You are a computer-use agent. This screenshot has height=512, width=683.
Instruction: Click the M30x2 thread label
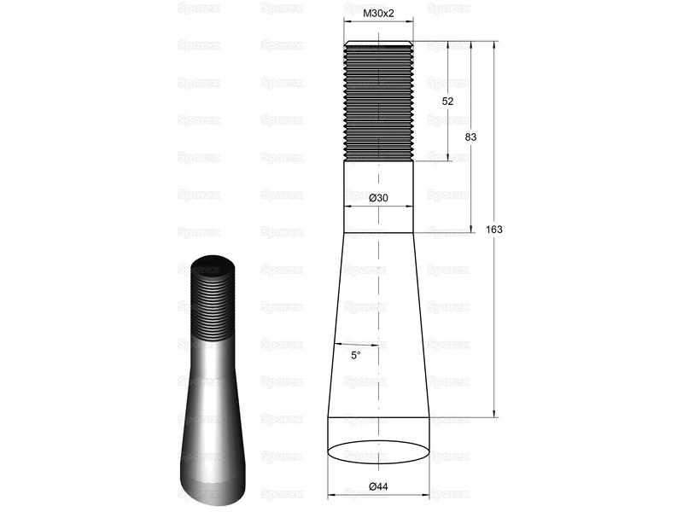pyautogui.click(x=378, y=14)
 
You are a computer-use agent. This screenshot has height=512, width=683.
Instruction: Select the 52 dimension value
pyautogui.click(x=447, y=102)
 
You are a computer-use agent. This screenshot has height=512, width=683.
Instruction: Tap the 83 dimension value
pyautogui.click(x=470, y=137)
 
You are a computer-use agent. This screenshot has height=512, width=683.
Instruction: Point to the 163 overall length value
pyautogui.click(x=494, y=230)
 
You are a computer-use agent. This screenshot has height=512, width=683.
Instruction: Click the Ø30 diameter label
pyautogui.click(x=378, y=198)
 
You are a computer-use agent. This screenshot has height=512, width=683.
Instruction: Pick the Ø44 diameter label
pyautogui.click(x=378, y=486)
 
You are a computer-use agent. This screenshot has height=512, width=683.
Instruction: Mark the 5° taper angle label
pyautogui.click(x=356, y=356)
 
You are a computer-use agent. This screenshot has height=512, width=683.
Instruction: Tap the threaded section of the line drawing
pyautogui.click(x=378, y=101)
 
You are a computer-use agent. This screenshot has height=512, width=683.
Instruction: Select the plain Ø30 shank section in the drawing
pyautogui.click(x=378, y=197)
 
